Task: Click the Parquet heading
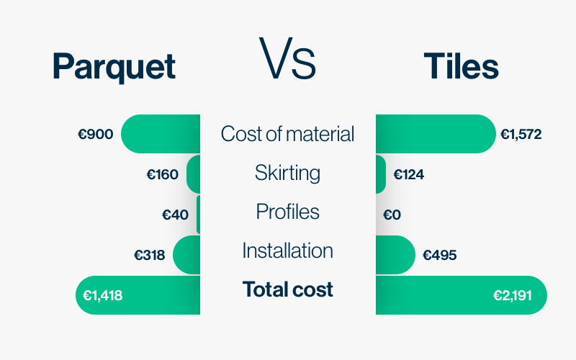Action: (x=114, y=66)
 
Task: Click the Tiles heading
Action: (x=461, y=66)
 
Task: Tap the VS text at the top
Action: (x=287, y=58)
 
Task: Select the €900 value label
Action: (x=96, y=134)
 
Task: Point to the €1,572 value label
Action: (x=521, y=134)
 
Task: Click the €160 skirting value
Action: (x=163, y=174)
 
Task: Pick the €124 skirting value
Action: (x=408, y=174)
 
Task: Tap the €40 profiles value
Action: (x=175, y=215)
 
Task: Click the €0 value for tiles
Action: (x=392, y=215)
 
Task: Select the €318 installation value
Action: (x=150, y=255)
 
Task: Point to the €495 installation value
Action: (x=440, y=255)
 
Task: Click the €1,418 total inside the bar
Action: (x=103, y=295)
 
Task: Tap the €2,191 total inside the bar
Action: (x=513, y=295)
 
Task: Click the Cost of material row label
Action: (x=287, y=134)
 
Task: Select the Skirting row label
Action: (x=287, y=173)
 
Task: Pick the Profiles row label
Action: (x=287, y=212)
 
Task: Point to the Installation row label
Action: (x=287, y=251)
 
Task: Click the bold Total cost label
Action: (x=287, y=289)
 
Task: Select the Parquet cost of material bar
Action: (x=161, y=134)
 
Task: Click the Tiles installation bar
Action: (x=395, y=255)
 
